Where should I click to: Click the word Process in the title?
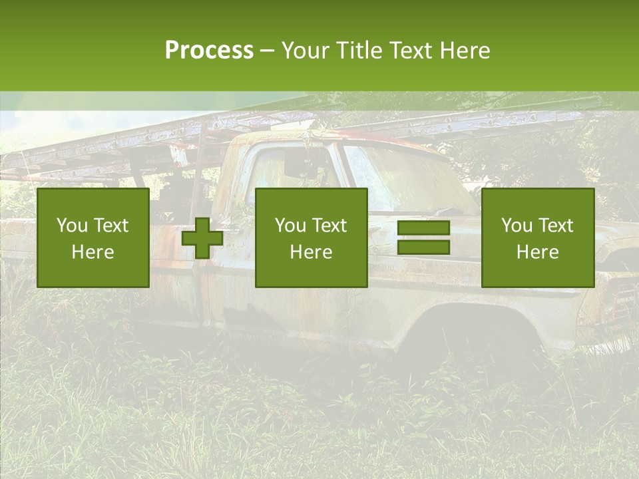click(x=209, y=51)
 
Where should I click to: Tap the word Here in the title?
click(x=465, y=51)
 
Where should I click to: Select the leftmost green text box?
click(x=93, y=238)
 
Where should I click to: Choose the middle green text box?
click(x=312, y=238)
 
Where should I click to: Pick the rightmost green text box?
click(x=538, y=238)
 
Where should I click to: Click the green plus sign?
click(x=202, y=238)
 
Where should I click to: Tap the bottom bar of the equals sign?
click(x=423, y=247)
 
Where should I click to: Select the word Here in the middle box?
click(x=312, y=252)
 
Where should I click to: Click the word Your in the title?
click(x=306, y=51)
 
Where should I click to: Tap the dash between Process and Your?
click(x=267, y=51)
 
